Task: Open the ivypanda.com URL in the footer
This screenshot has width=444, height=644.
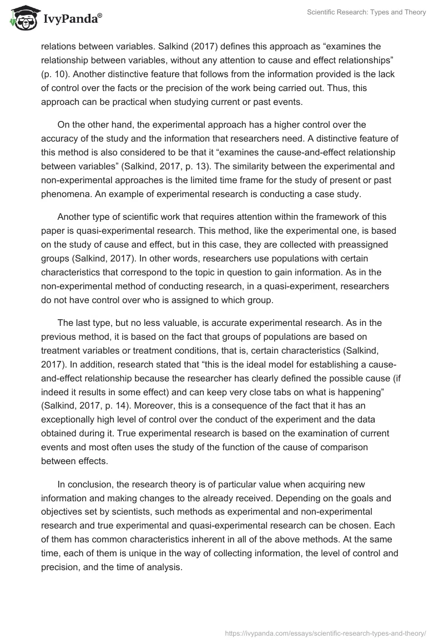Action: point(325,632)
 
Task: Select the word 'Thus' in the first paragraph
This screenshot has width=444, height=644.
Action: point(345,88)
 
